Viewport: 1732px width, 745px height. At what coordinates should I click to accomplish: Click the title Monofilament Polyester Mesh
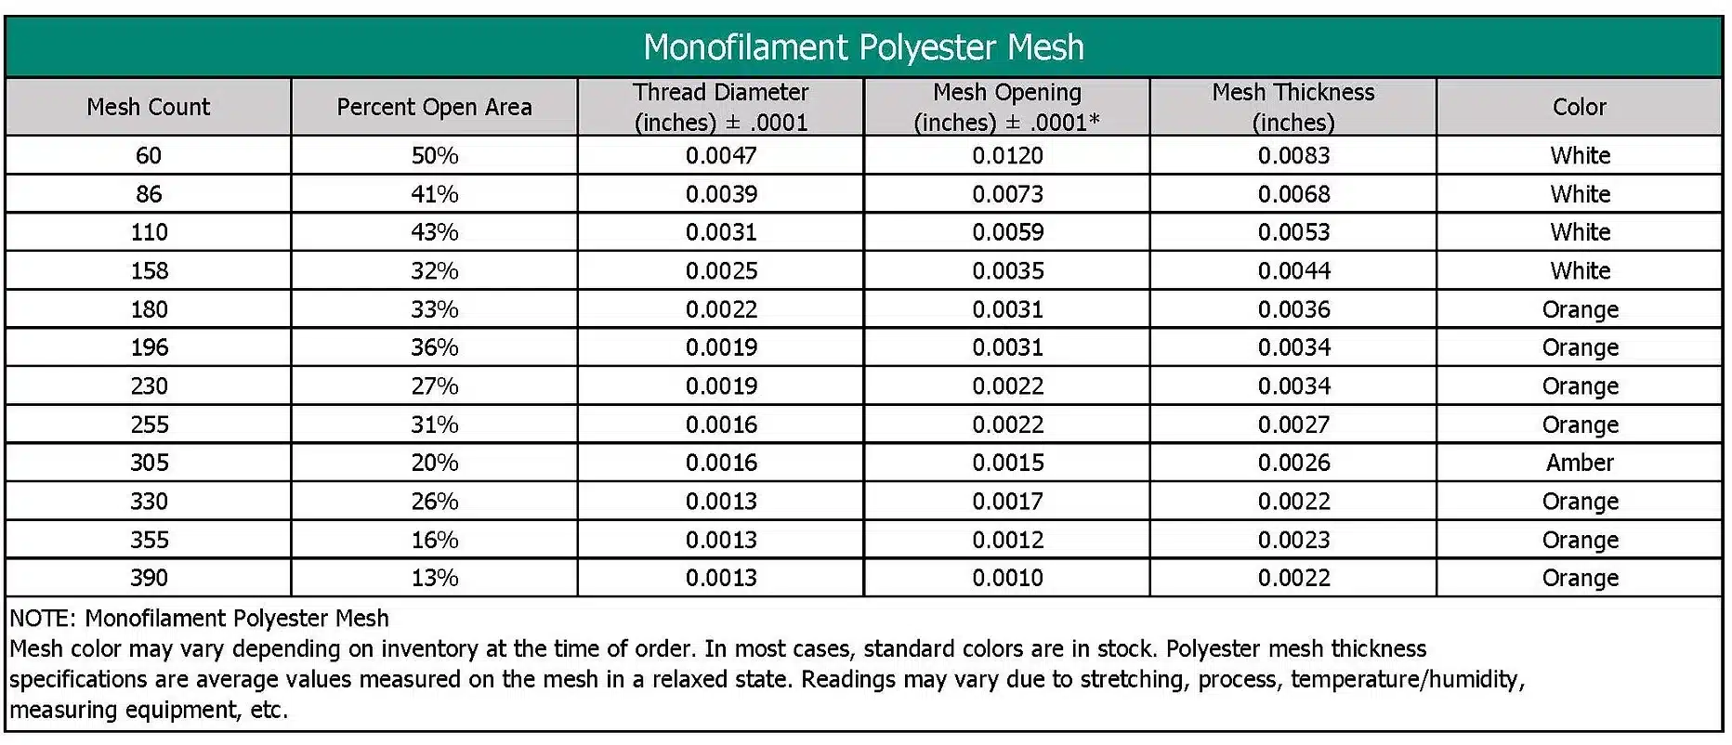(863, 47)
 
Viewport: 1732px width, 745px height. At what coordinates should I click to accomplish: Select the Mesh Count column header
(149, 107)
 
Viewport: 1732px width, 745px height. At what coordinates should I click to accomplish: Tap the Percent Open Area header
(434, 107)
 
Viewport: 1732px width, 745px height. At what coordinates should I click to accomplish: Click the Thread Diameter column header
(721, 107)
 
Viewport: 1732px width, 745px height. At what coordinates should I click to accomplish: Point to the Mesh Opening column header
(1007, 107)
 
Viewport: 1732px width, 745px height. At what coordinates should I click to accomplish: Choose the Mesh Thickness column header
(1292, 107)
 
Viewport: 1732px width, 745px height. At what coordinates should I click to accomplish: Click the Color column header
(1579, 107)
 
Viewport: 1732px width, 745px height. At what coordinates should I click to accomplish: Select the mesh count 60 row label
(149, 155)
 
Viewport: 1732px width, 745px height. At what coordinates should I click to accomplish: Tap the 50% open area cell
(434, 155)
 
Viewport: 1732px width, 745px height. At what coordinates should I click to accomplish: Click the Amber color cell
(1580, 463)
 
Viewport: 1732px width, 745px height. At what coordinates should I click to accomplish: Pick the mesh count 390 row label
(149, 578)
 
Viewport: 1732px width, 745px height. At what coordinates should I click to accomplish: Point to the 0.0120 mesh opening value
(1007, 155)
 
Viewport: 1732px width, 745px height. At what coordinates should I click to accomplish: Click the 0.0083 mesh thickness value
(1293, 155)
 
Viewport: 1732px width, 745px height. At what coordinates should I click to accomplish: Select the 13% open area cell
(434, 578)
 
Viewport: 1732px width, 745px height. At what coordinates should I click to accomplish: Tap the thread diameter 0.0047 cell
(721, 155)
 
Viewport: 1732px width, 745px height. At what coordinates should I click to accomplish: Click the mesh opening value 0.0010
(1007, 578)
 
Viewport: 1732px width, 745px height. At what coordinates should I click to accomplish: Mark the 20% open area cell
(434, 463)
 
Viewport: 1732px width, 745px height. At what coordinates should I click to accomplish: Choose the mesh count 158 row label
(149, 270)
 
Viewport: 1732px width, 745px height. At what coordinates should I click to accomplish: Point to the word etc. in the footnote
(269, 711)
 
